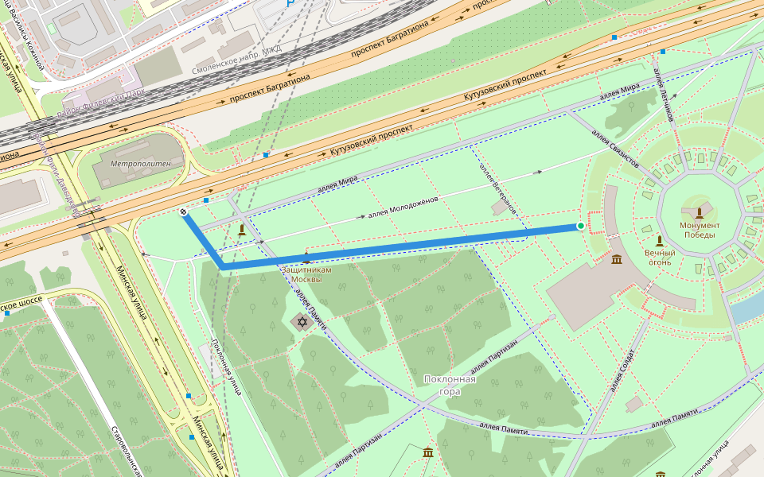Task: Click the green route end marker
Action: point(581,227)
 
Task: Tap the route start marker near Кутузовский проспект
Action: point(184,212)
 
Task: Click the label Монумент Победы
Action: point(699,230)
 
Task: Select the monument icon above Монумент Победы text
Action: point(699,213)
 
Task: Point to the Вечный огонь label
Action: point(659,257)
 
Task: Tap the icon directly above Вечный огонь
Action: point(659,240)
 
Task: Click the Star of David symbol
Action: point(301,322)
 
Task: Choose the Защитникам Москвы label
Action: point(306,275)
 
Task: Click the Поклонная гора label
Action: point(450,385)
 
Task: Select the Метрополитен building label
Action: point(135,163)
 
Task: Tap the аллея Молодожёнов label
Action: point(403,207)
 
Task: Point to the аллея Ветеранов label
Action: point(498,188)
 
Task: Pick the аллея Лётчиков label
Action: point(663,95)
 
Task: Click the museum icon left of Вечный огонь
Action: point(618,259)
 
